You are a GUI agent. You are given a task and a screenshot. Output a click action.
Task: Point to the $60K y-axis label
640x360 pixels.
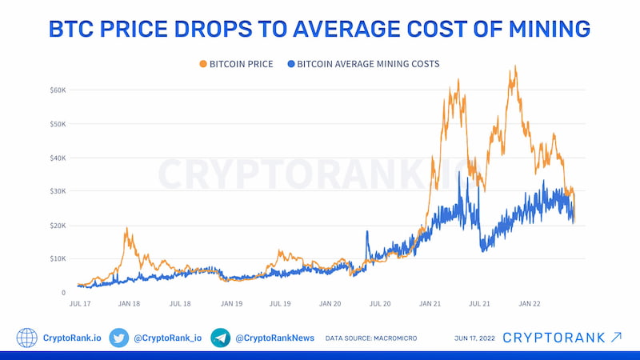coord(57,90)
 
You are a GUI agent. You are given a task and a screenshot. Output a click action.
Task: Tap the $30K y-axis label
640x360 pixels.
coord(57,192)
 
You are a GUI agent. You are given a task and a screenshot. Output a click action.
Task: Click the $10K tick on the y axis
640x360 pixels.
coord(57,259)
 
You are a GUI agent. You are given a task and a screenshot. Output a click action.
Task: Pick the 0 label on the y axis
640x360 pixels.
coord(62,293)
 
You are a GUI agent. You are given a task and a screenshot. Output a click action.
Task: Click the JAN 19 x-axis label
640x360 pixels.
coord(230,304)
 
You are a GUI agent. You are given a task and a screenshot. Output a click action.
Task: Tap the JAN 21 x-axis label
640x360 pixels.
coord(430,304)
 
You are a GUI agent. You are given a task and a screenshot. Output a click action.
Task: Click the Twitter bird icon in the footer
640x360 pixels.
coord(118,338)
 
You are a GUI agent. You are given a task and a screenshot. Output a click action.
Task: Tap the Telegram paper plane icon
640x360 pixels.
coord(221,338)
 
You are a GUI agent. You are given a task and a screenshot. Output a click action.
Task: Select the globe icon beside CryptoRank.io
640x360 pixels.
coord(27,338)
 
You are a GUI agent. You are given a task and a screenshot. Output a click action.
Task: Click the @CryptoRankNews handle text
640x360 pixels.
coord(274,338)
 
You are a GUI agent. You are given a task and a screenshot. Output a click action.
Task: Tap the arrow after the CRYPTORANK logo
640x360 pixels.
coord(617,337)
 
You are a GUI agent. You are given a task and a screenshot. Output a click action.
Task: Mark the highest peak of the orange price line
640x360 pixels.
coord(515,66)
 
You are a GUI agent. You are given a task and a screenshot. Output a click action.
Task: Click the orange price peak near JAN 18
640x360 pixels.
coord(126,229)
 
